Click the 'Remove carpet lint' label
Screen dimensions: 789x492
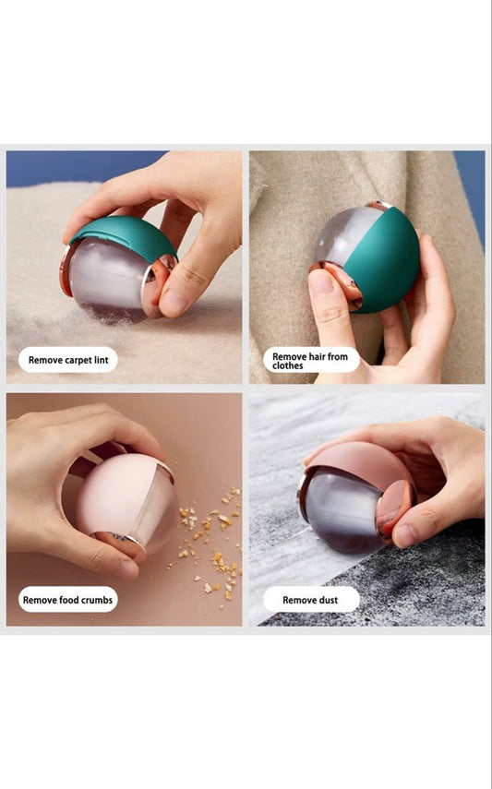(68, 360)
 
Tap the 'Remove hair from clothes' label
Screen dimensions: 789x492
(310, 360)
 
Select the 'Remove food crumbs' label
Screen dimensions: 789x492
(68, 600)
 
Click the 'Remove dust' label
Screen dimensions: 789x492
(310, 600)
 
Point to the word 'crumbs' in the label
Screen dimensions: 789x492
(96, 600)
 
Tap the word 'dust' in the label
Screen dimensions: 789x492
(326, 600)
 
